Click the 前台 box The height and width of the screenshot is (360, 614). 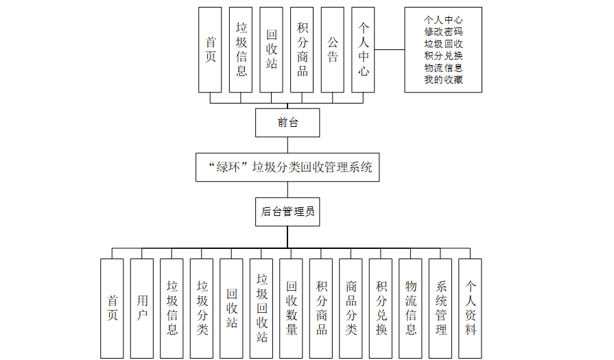click(x=287, y=123)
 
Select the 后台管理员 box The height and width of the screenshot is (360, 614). click(x=287, y=212)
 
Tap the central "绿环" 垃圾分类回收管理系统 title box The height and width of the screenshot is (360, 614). click(x=287, y=167)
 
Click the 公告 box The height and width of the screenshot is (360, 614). click(x=332, y=49)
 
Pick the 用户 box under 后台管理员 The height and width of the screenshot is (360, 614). click(x=142, y=308)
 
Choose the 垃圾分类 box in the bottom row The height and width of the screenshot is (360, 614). click(x=202, y=308)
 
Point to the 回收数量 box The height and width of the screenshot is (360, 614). click(x=291, y=308)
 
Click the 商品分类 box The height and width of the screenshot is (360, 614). click(x=351, y=308)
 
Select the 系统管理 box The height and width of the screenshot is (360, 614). click(x=440, y=308)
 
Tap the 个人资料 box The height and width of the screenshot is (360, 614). click(x=470, y=308)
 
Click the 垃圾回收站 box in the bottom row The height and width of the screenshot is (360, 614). click(x=261, y=308)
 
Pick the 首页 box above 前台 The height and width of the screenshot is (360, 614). click(x=210, y=49)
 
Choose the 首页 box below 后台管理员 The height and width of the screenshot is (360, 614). click(x=112, y=308)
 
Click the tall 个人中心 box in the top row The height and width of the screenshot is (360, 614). click(x=363, y=49)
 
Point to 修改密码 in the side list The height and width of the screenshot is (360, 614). click(x=443, y=32)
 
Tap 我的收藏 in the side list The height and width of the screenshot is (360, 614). click(x=443, y=80)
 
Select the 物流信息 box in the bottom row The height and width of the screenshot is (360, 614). click(x=410, y=308)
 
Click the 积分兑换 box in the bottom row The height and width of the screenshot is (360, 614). click(x=381, y=308)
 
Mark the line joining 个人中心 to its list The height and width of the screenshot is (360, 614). click(x=390, y=49)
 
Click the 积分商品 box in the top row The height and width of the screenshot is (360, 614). click(x=302, y=49)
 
